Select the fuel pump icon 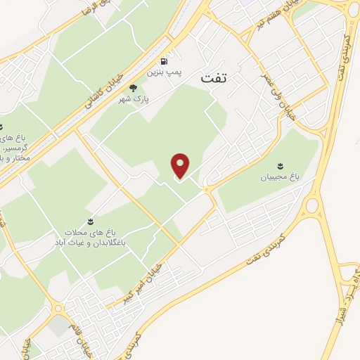pos(165,61)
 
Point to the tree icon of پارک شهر pos(134,87)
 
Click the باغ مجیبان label pos(281,177)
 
